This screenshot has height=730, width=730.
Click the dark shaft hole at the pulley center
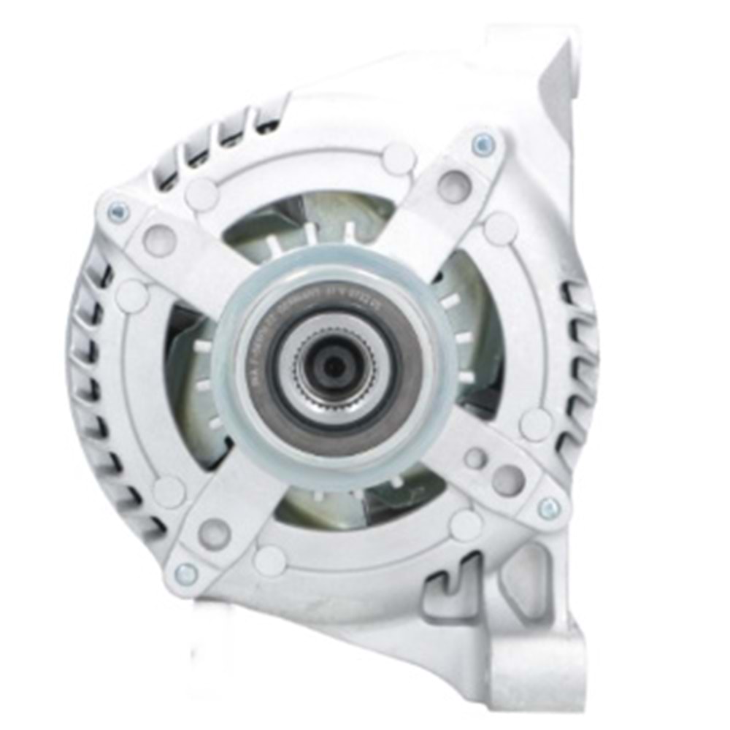[334, 366]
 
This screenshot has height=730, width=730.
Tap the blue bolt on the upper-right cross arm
[483, 144]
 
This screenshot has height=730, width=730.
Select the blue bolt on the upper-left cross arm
[118, 212]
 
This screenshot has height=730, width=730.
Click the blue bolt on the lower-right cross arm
[549, 508]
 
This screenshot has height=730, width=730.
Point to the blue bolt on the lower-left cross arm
[186, 574]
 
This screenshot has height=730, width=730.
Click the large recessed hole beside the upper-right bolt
[454, 186]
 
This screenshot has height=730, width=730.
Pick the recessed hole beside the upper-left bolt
[159, 240]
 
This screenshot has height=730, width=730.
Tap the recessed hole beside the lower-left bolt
[215, 533]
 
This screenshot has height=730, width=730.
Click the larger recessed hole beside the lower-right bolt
[508, 479]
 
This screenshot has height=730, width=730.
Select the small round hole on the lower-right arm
[475, 458]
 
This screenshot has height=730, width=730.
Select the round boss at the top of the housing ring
[399, 158]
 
